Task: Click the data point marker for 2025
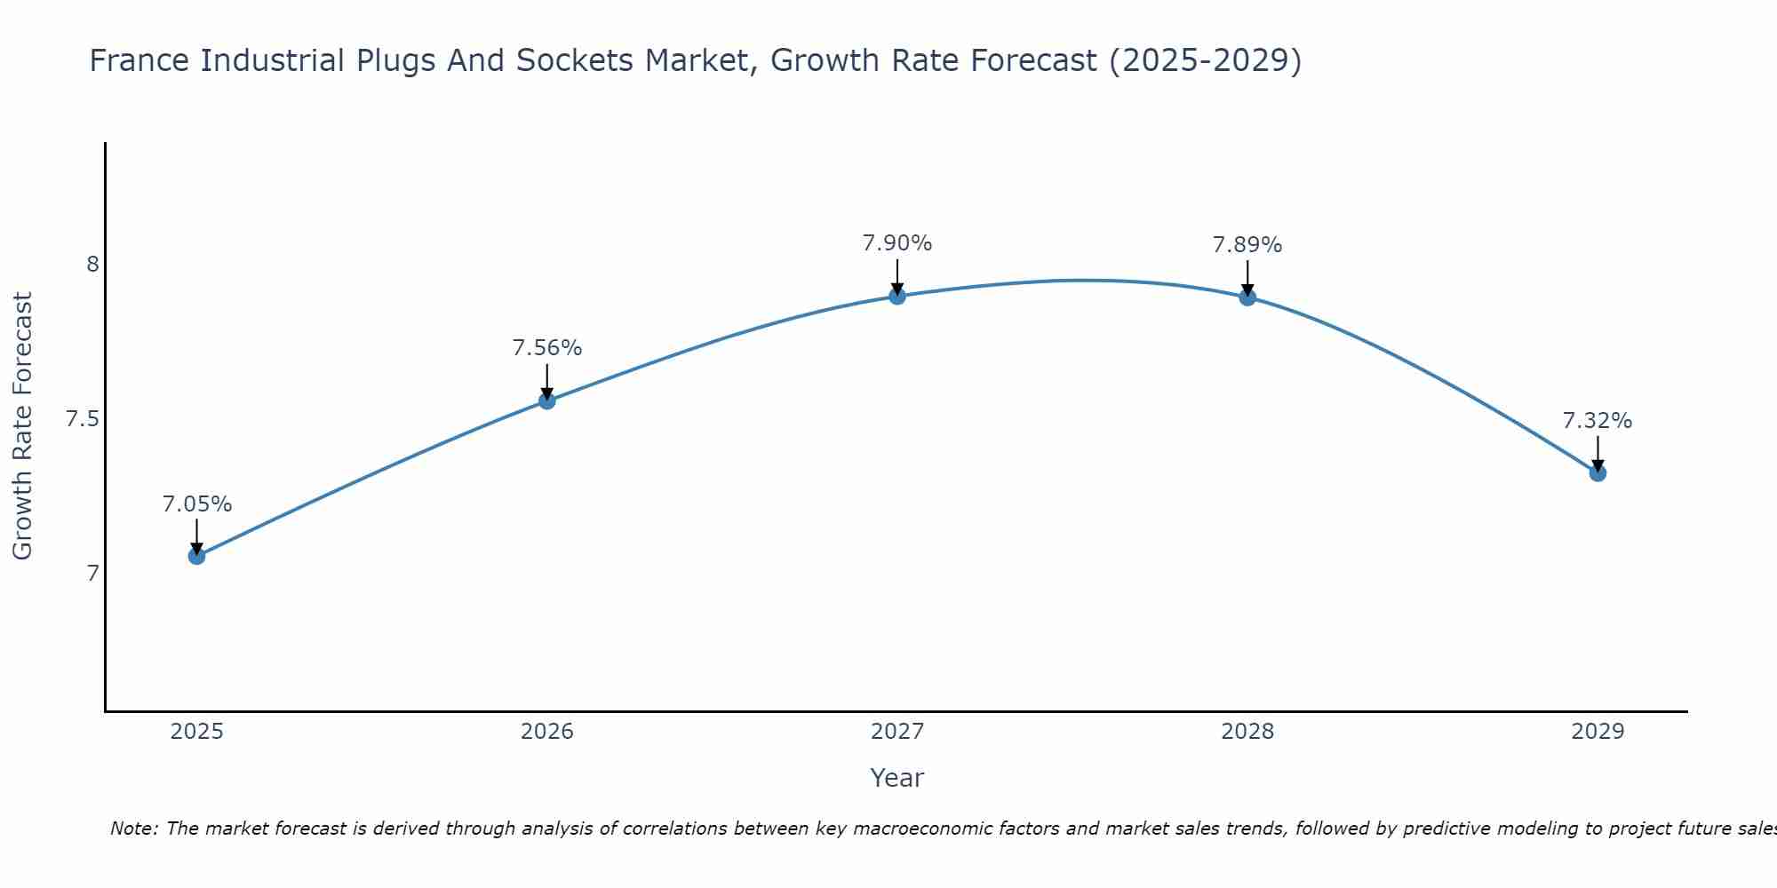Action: (x=196, y=556)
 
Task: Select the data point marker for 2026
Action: (x=547, y=400)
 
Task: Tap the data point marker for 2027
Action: (x=897, y=296)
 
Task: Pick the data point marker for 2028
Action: (x=1247, y=297)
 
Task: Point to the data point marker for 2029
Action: (x=1598, y=473)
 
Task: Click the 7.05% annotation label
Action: (x=196, y=504)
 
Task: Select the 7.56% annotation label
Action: (x=547, y=348)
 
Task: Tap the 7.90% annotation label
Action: (x=897, y=243)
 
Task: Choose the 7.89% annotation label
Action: (x=1247, y=245)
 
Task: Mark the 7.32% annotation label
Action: (x=1598, y=421)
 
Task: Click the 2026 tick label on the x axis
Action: (x=547, y=732)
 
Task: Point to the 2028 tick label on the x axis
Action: (x=1247, y=732)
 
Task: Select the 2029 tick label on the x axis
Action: (x=1598, y=732)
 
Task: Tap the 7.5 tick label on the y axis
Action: (x=82, y=419)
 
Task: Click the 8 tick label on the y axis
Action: (x=92, y=265)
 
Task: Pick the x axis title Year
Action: (x=897, y=778)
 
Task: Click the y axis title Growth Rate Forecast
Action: (x=22, y=426)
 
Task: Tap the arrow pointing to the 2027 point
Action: (x=897, y=277)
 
